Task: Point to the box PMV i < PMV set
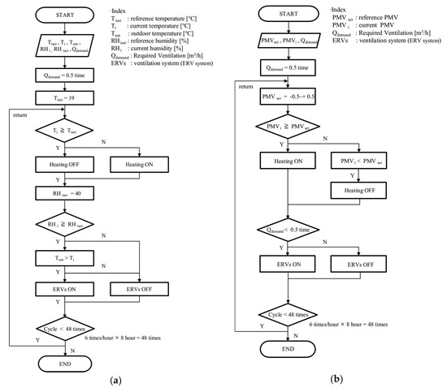click(x=357, y=162)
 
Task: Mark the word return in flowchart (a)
click(x=20, y=114)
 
